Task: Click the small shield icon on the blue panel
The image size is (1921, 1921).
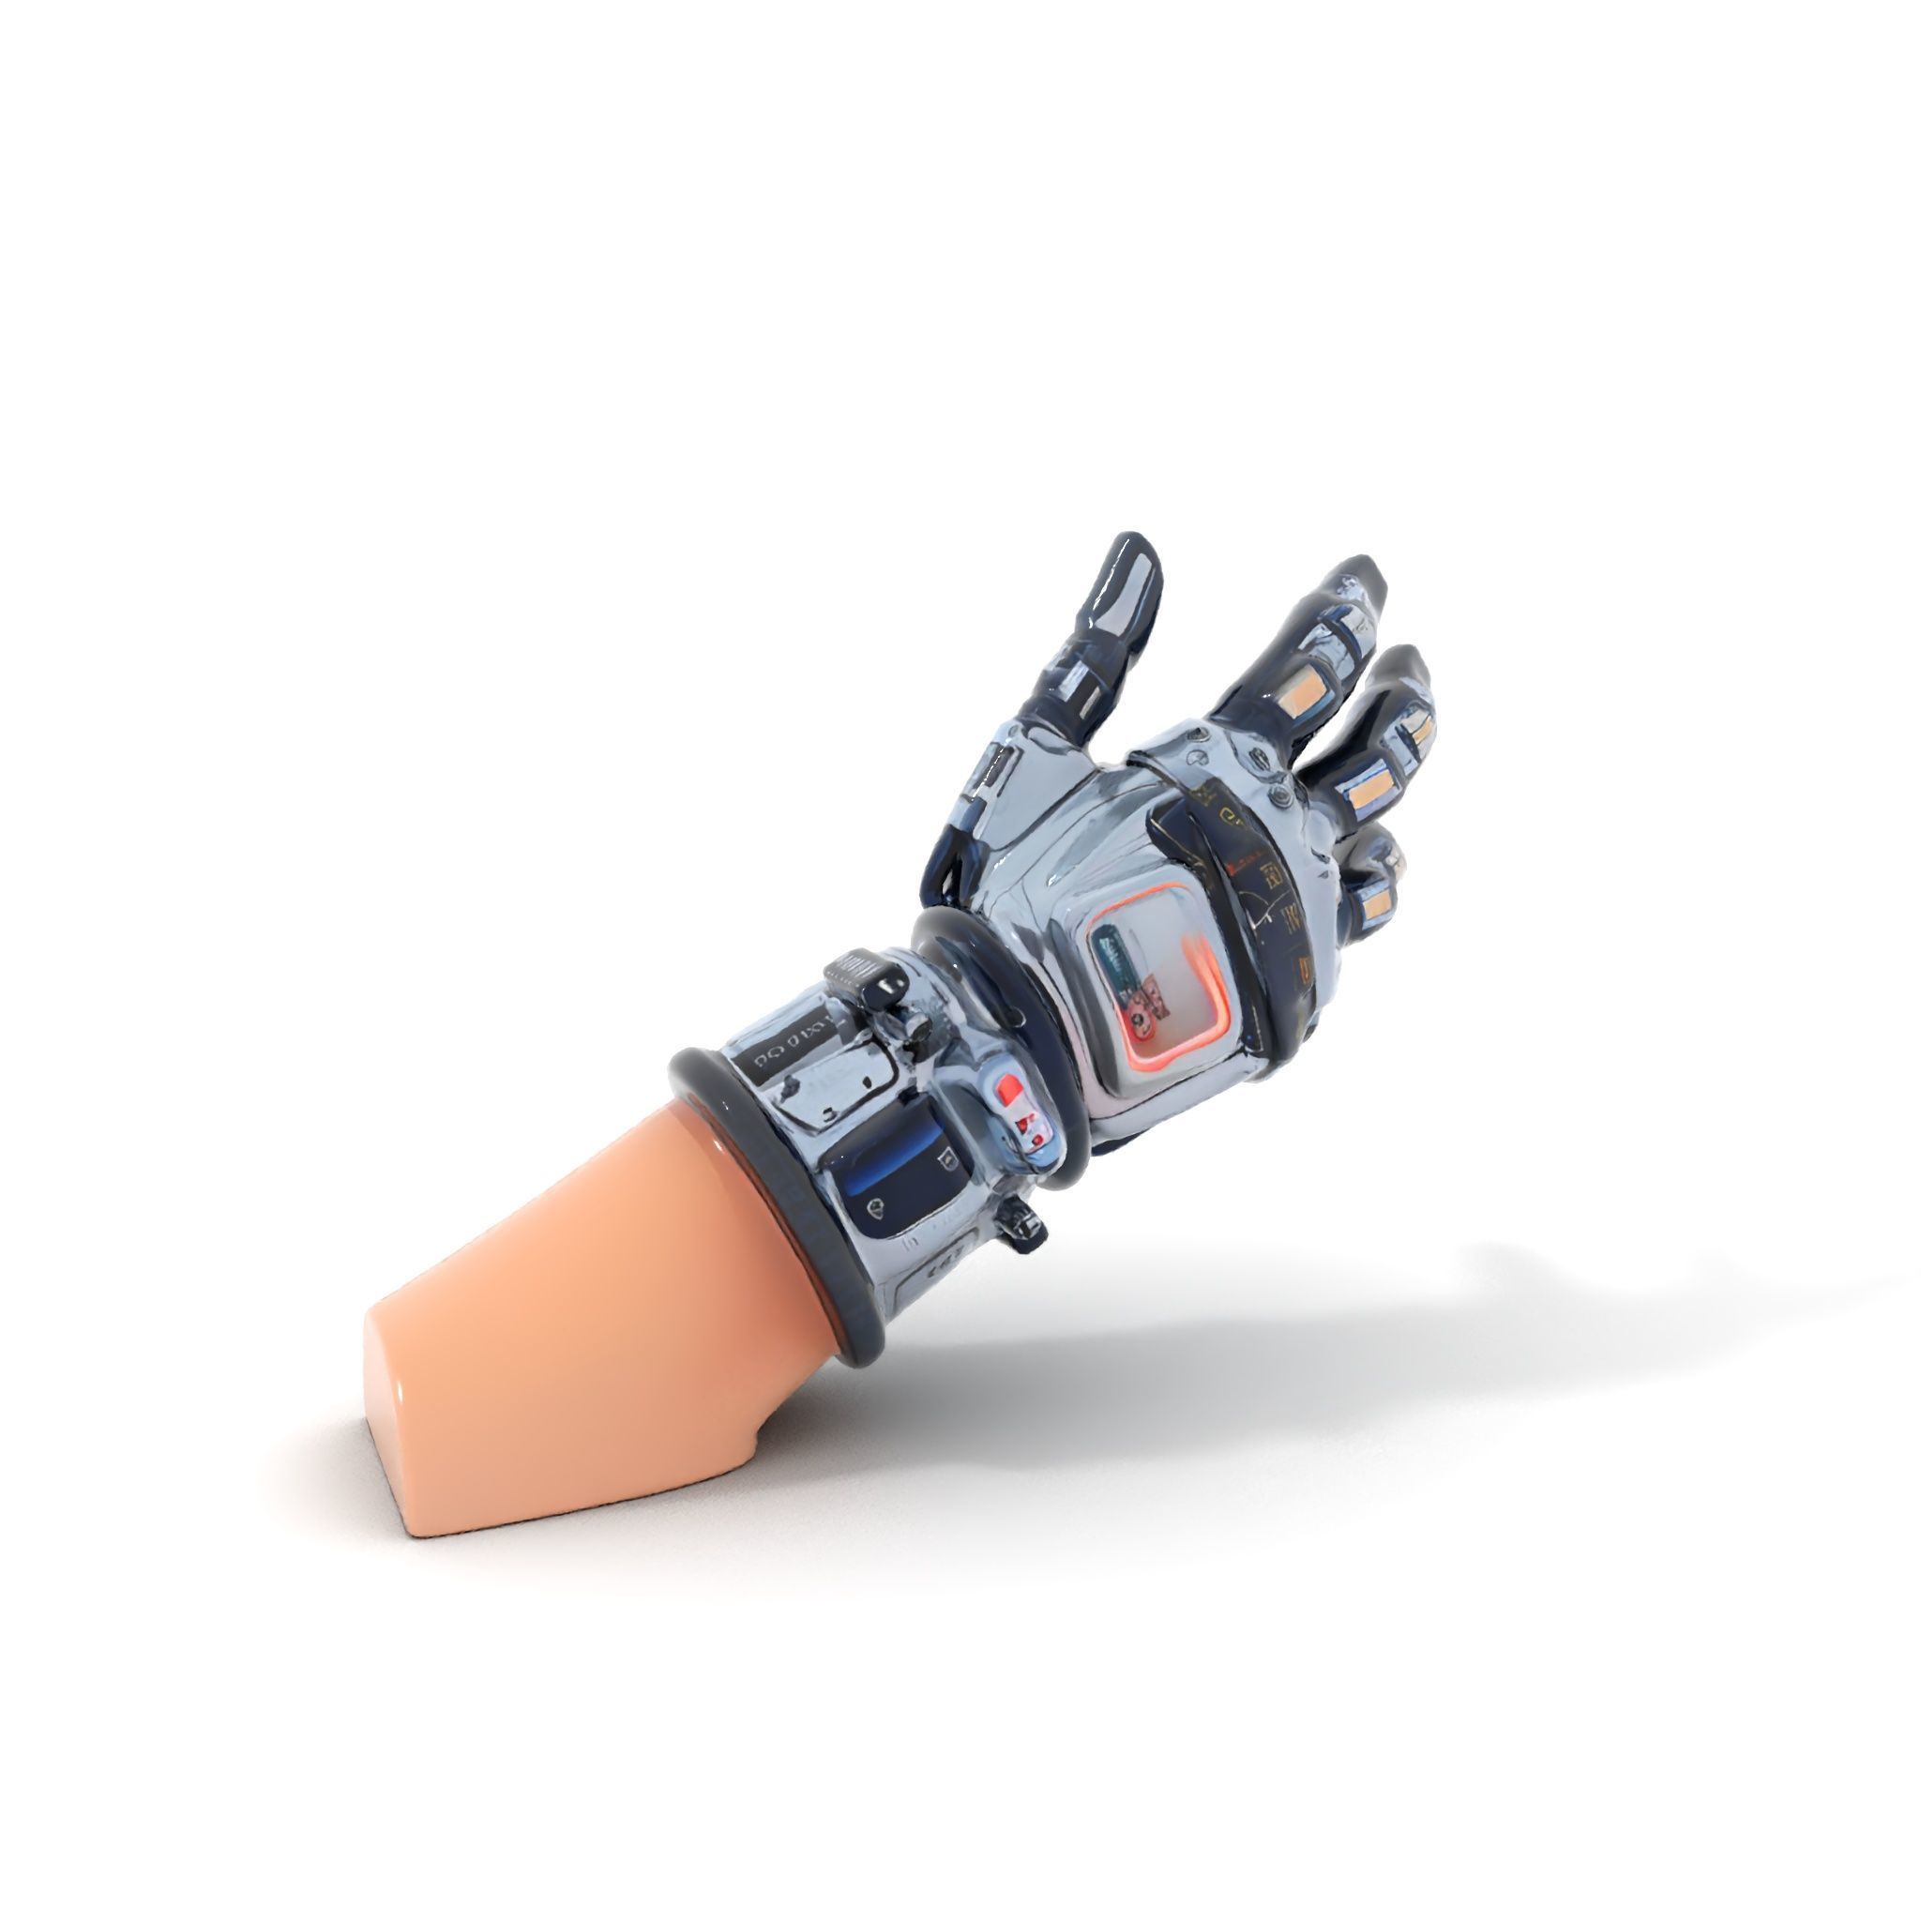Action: tap(876, 1209)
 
